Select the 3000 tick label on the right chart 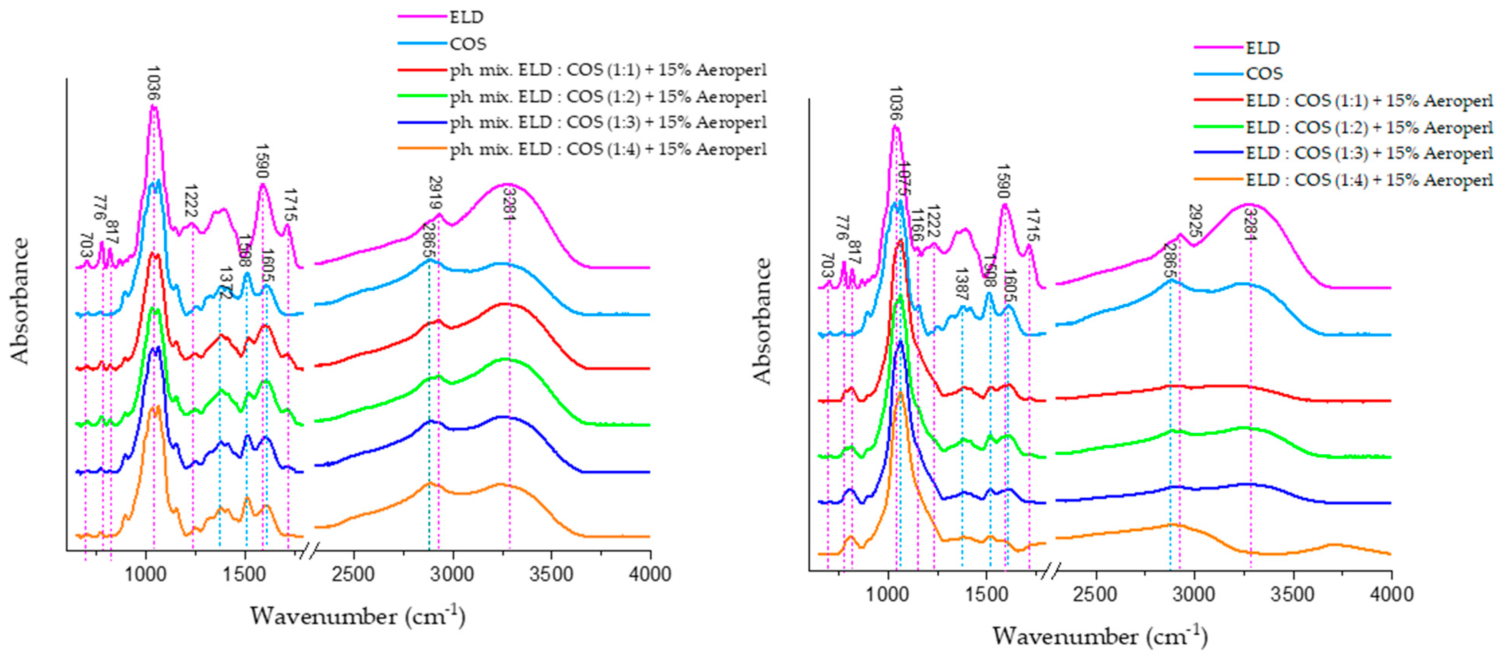1195,594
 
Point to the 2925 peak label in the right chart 1195,221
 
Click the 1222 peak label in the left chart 190,200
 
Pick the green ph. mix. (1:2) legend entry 607,97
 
